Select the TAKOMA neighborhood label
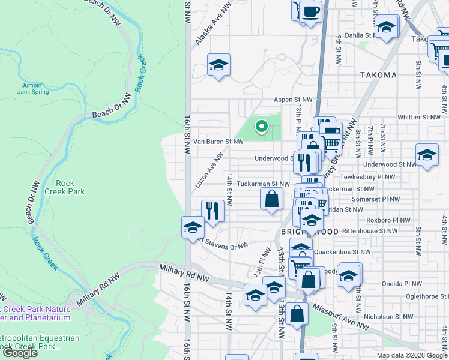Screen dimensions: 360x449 379,75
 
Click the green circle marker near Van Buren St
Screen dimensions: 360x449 261,126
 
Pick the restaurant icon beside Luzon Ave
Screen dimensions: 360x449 212,210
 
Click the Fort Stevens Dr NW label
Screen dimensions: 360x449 223,244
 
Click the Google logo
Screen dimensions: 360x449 20,353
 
